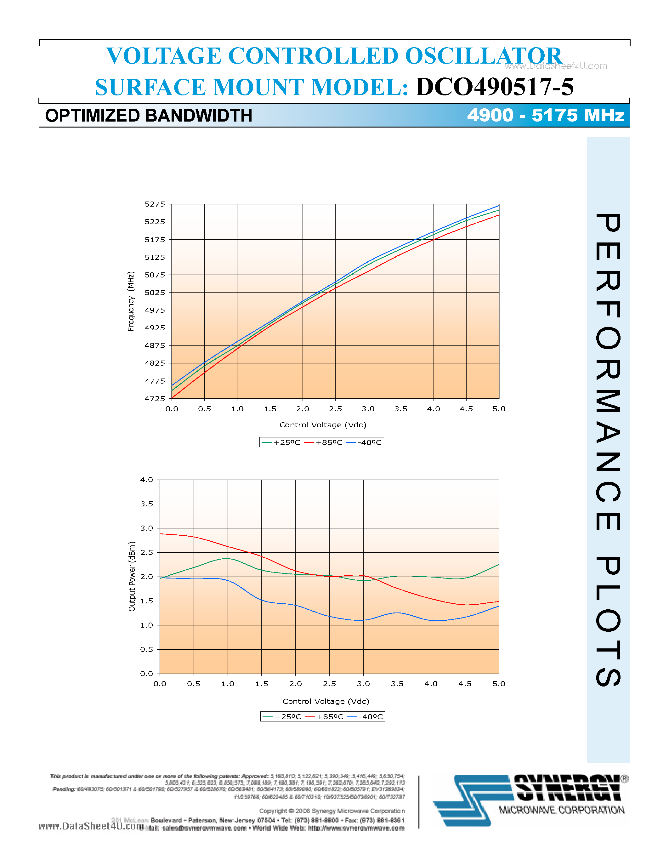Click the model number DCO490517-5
[494, 87]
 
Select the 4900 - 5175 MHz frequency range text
[545, 115]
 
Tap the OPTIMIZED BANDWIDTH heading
[149, 116]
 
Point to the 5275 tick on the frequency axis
[155, 204]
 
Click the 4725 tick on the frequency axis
[155, 398]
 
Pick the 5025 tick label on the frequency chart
[155, 293]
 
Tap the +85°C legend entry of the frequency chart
[324, 442]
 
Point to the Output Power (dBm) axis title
[132, 577]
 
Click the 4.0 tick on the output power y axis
[146, 480]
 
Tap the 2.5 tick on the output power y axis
[146, 552]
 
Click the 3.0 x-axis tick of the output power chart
[363, 684]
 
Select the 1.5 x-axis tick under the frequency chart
[270, 409]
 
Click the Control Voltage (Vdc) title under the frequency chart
[323, 425]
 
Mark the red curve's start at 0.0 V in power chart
[160, 534]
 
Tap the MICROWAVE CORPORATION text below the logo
[561, 811]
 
